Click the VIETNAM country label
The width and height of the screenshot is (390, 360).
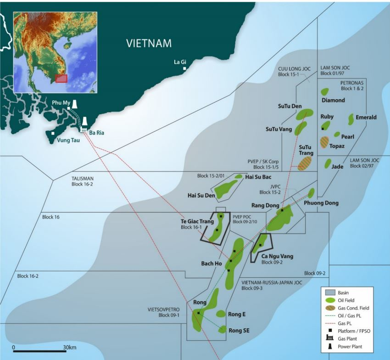[149, 44]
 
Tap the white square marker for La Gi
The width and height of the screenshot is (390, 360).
[184, 69]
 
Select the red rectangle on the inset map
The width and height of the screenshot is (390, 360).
[61, 78]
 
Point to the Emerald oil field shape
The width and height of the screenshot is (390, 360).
[352, 119]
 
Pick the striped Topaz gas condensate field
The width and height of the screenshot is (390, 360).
[325, 142]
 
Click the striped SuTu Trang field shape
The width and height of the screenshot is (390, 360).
[305, 163]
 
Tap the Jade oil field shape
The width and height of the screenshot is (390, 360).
[328, 163]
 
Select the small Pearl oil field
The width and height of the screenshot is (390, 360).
[337, 135]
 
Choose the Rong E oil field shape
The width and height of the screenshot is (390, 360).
[221, 314]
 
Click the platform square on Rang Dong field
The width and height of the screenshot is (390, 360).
[282, 210]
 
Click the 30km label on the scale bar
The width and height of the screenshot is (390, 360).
[70, 347]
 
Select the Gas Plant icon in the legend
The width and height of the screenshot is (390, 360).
[329, 337]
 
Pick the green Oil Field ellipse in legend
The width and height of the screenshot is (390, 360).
[329, 300]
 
